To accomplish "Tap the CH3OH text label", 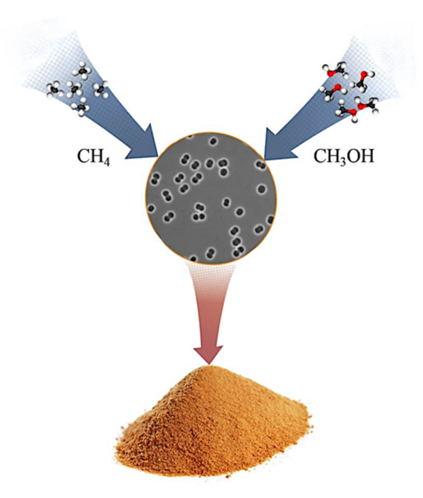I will (343, 155).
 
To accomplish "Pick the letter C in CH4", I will (83, 155).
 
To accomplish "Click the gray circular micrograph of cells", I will (212, 199).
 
